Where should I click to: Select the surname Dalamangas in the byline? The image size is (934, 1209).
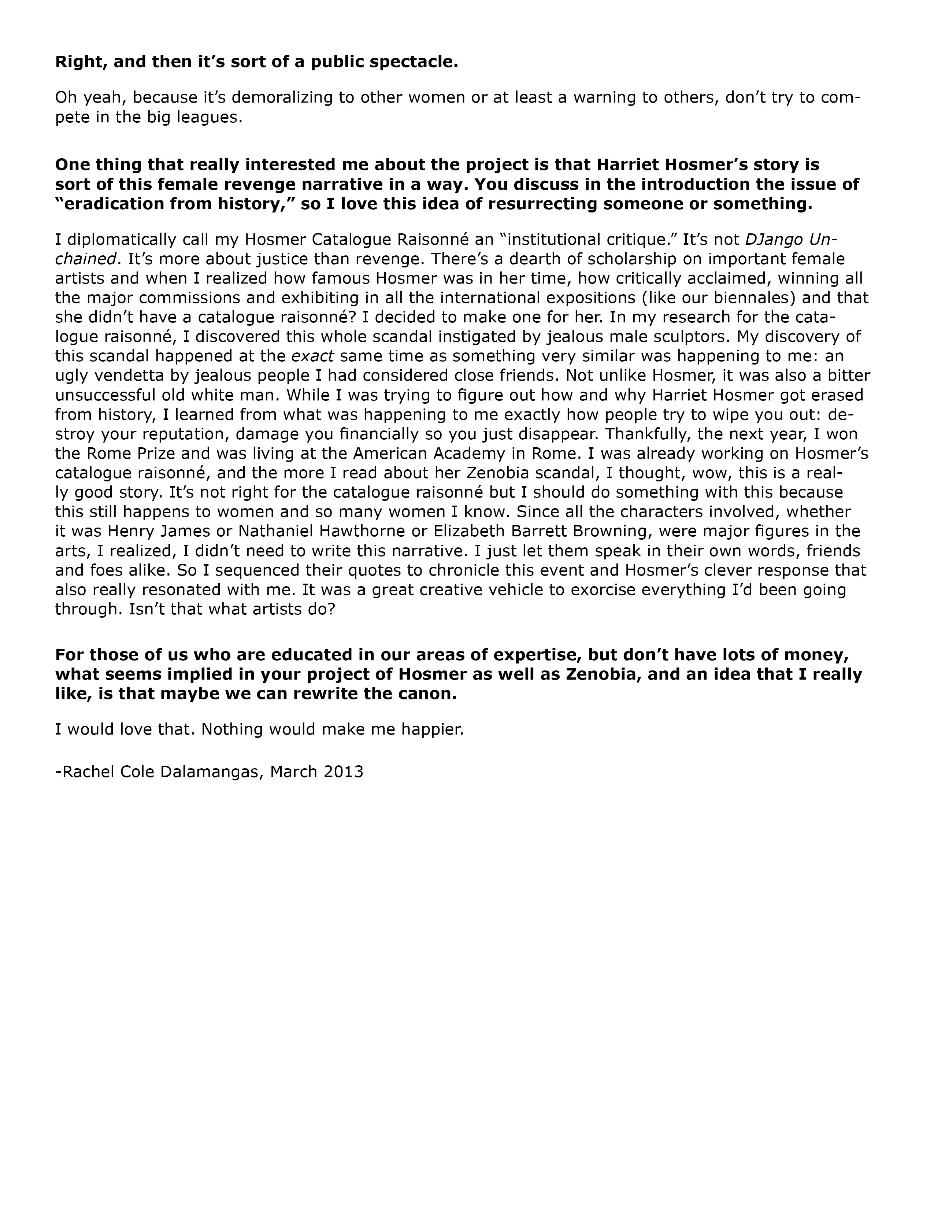[210, 772]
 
